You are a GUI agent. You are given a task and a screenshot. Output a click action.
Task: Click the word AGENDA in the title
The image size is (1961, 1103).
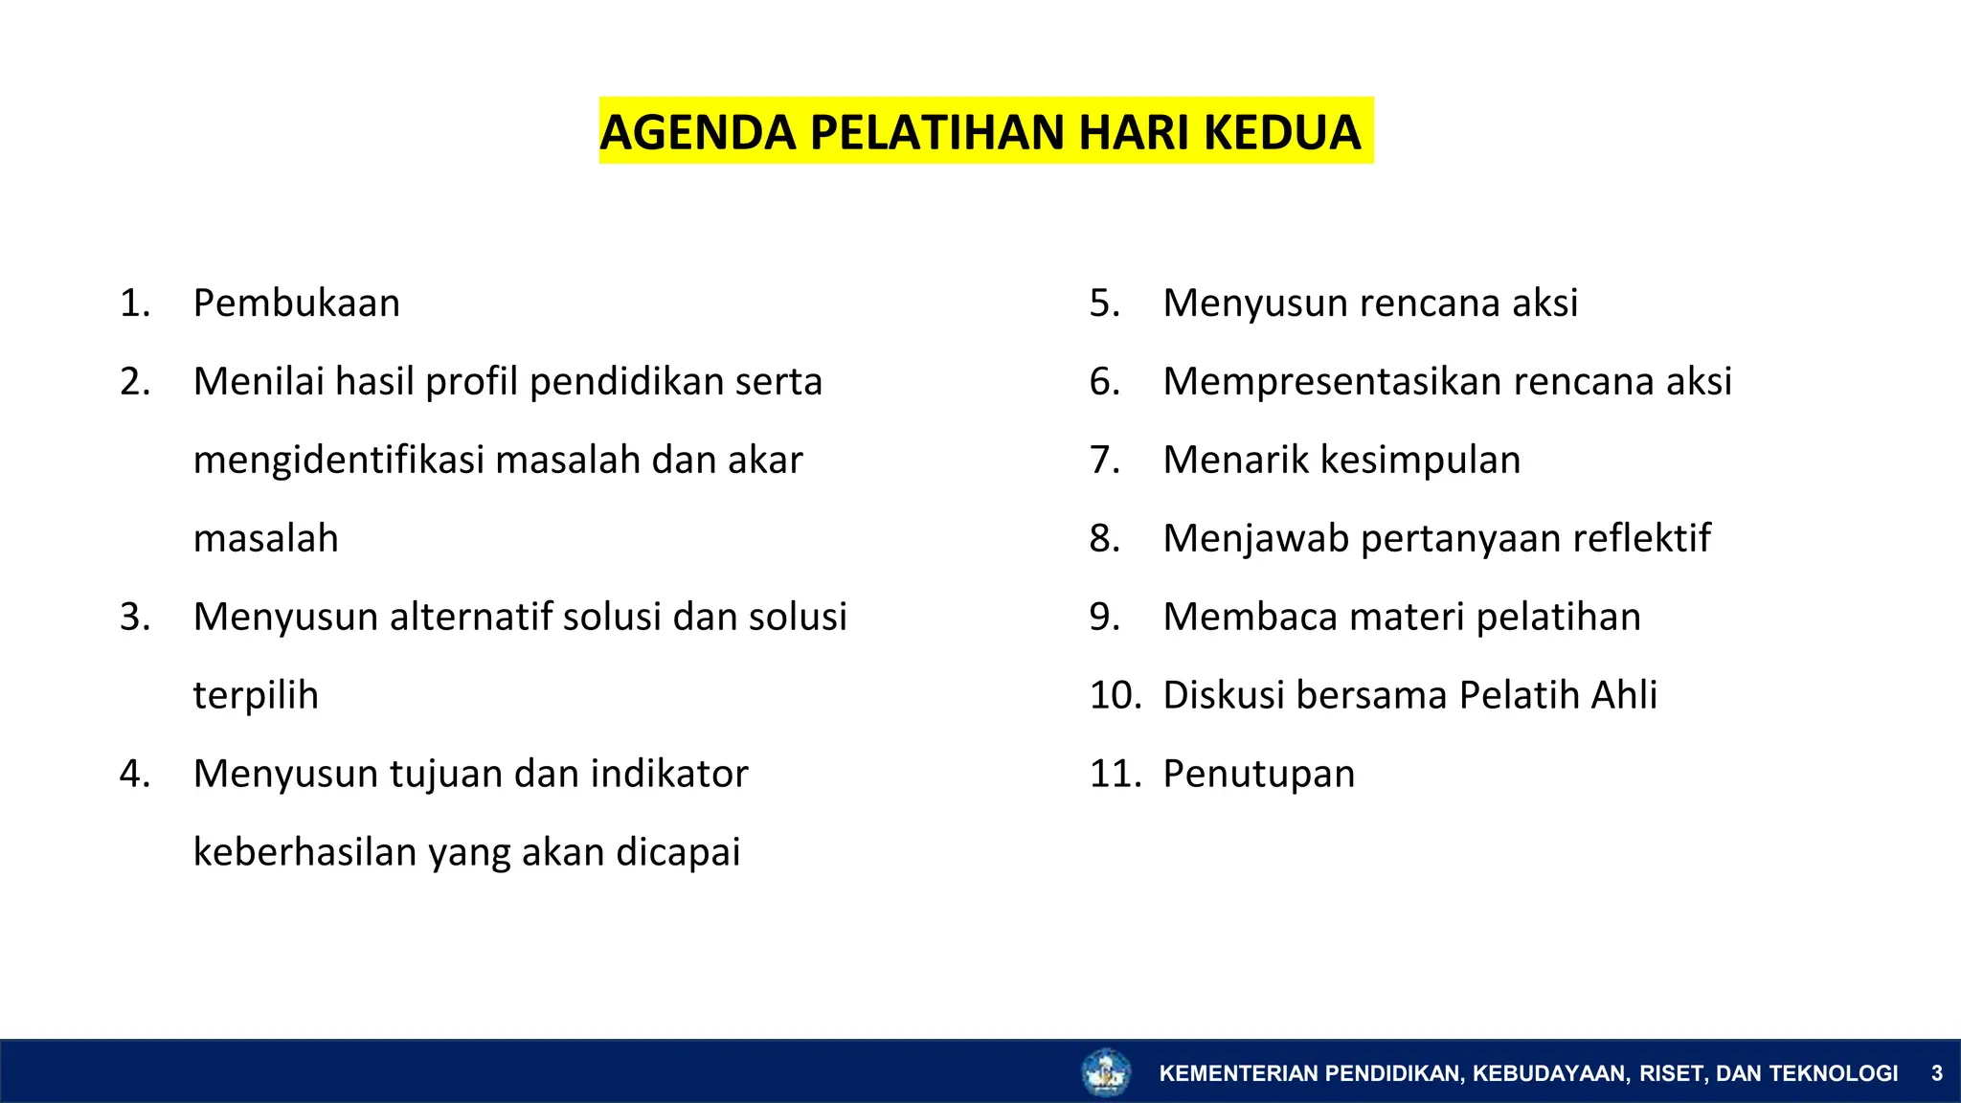pyautogui.click(x=698, y=132)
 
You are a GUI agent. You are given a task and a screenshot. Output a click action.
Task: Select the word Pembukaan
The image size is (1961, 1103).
pyautogui.click(x=297, y=304)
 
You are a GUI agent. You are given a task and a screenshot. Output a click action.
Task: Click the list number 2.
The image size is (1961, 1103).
pyautogui.click(x=135, y=382)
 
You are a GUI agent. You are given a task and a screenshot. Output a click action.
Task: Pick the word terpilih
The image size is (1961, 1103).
pyautogui.click(x=256, y=696)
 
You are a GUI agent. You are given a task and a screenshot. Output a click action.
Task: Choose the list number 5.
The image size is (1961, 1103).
pyautogui.click(x=1104, y=304)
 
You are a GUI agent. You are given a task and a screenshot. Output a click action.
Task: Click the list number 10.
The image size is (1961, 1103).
pyautogui.click(x=1115, y=695)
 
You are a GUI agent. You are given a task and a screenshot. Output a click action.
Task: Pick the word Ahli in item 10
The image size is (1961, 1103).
pyautogui.click(x=1624, y=695)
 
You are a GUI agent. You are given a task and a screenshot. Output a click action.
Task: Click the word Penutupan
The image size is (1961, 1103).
pyautogui.click(x=1259, y=774)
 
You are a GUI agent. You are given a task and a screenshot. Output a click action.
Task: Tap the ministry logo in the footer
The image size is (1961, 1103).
pyautogui.click(x=1106, y=1072)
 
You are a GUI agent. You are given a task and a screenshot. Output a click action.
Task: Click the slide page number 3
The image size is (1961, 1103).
pyautogui.click(x=1936, y=1073)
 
